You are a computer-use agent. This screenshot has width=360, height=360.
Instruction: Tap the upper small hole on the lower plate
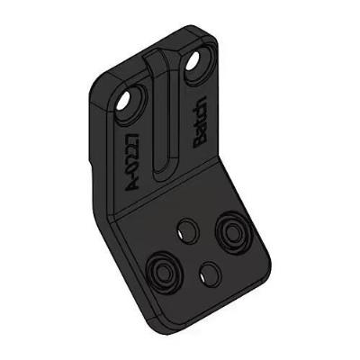pos(186,229)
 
